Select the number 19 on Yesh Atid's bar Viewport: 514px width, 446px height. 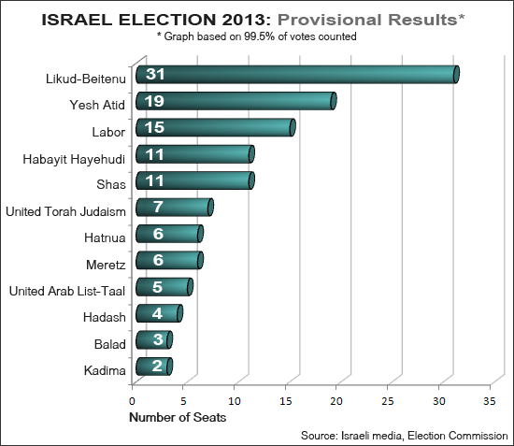pyautogui.click(x=155, y=101)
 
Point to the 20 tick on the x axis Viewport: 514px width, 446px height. pyautogui.click(x=336, y=399)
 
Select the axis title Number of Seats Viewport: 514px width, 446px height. pyautogui.click(x=177, y=417)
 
